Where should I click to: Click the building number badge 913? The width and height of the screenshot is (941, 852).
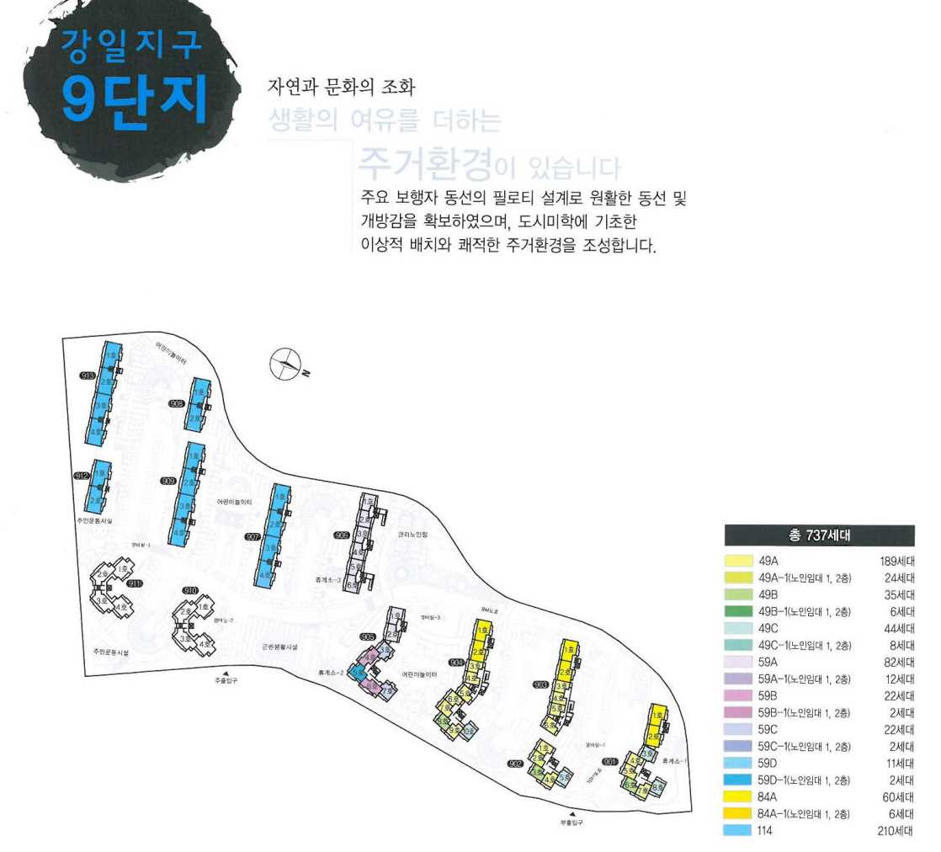pyautogui.click(x=86, y=376)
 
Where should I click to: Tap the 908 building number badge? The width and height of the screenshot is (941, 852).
pyautogui.click(x=177, y=404)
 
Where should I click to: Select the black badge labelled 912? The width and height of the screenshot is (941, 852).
pyautogui.click(x=82, y=477)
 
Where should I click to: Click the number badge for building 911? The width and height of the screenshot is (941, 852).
pyautogui.click(x=136, y=583)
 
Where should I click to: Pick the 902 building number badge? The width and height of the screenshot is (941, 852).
pyautogui.click(x=516, y=764)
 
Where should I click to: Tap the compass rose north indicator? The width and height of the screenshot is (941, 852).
pyautogui.click(x=285, y=364)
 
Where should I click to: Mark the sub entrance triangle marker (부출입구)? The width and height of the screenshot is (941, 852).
pyautogui.click(x=574, y=814)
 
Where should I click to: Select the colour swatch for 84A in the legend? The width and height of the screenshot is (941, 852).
pyautogui.click(x=738, y=796)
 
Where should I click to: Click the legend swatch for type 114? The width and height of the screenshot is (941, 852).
pyautogui.click(x=738, y=830)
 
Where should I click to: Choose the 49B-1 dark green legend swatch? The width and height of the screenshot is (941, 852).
pyautogui.click(x=738, y=612)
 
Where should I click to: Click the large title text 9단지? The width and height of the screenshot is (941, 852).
pyautogui.click(x=135, y=99)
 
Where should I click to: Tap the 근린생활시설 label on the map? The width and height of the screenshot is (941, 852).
pyautogui.click(x=279, y=647)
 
